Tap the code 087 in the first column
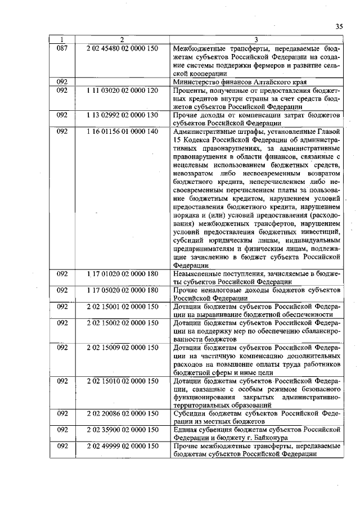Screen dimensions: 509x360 (x=62, y=48)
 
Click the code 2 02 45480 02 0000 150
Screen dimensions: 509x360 (x=122, y=48)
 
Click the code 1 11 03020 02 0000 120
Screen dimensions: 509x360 (x=122, y=90)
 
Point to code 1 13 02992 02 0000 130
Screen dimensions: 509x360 (x=122, y=115)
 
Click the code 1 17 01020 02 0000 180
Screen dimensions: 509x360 (x=122, y=273)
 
